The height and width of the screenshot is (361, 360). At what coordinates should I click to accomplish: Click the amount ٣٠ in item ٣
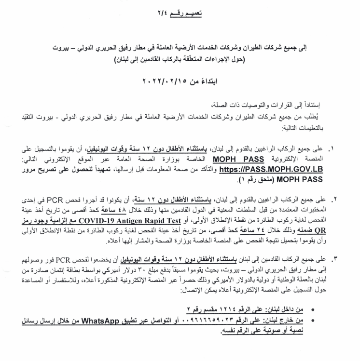pyautogui.click(x=153, y=268)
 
